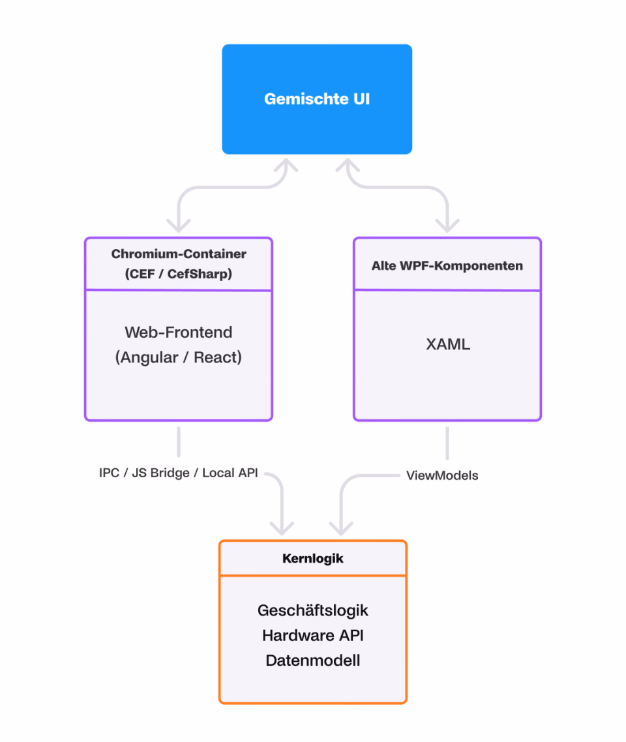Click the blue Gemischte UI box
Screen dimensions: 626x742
pos(317,99)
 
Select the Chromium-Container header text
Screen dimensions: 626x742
pos(179,254)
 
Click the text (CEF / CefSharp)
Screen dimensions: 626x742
pos(179,273)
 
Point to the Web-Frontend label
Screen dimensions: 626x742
pos(179,332)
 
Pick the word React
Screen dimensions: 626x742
pos(215,357)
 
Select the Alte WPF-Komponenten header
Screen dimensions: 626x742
pos(447,266)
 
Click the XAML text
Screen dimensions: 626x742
pos(448,344)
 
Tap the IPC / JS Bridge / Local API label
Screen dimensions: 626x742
pos(179,473)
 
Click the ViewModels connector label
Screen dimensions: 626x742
pos(442,475)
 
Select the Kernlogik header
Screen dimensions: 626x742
pos(313,558)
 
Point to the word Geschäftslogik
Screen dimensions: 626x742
pos(313,610)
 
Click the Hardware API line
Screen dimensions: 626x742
pos(313,636)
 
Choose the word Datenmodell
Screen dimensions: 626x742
pos(313,660)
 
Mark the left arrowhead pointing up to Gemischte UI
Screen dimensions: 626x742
pos(286,165)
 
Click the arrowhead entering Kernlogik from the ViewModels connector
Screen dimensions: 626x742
pos(341,529)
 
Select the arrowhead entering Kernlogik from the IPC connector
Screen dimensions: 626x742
pos(282,529)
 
